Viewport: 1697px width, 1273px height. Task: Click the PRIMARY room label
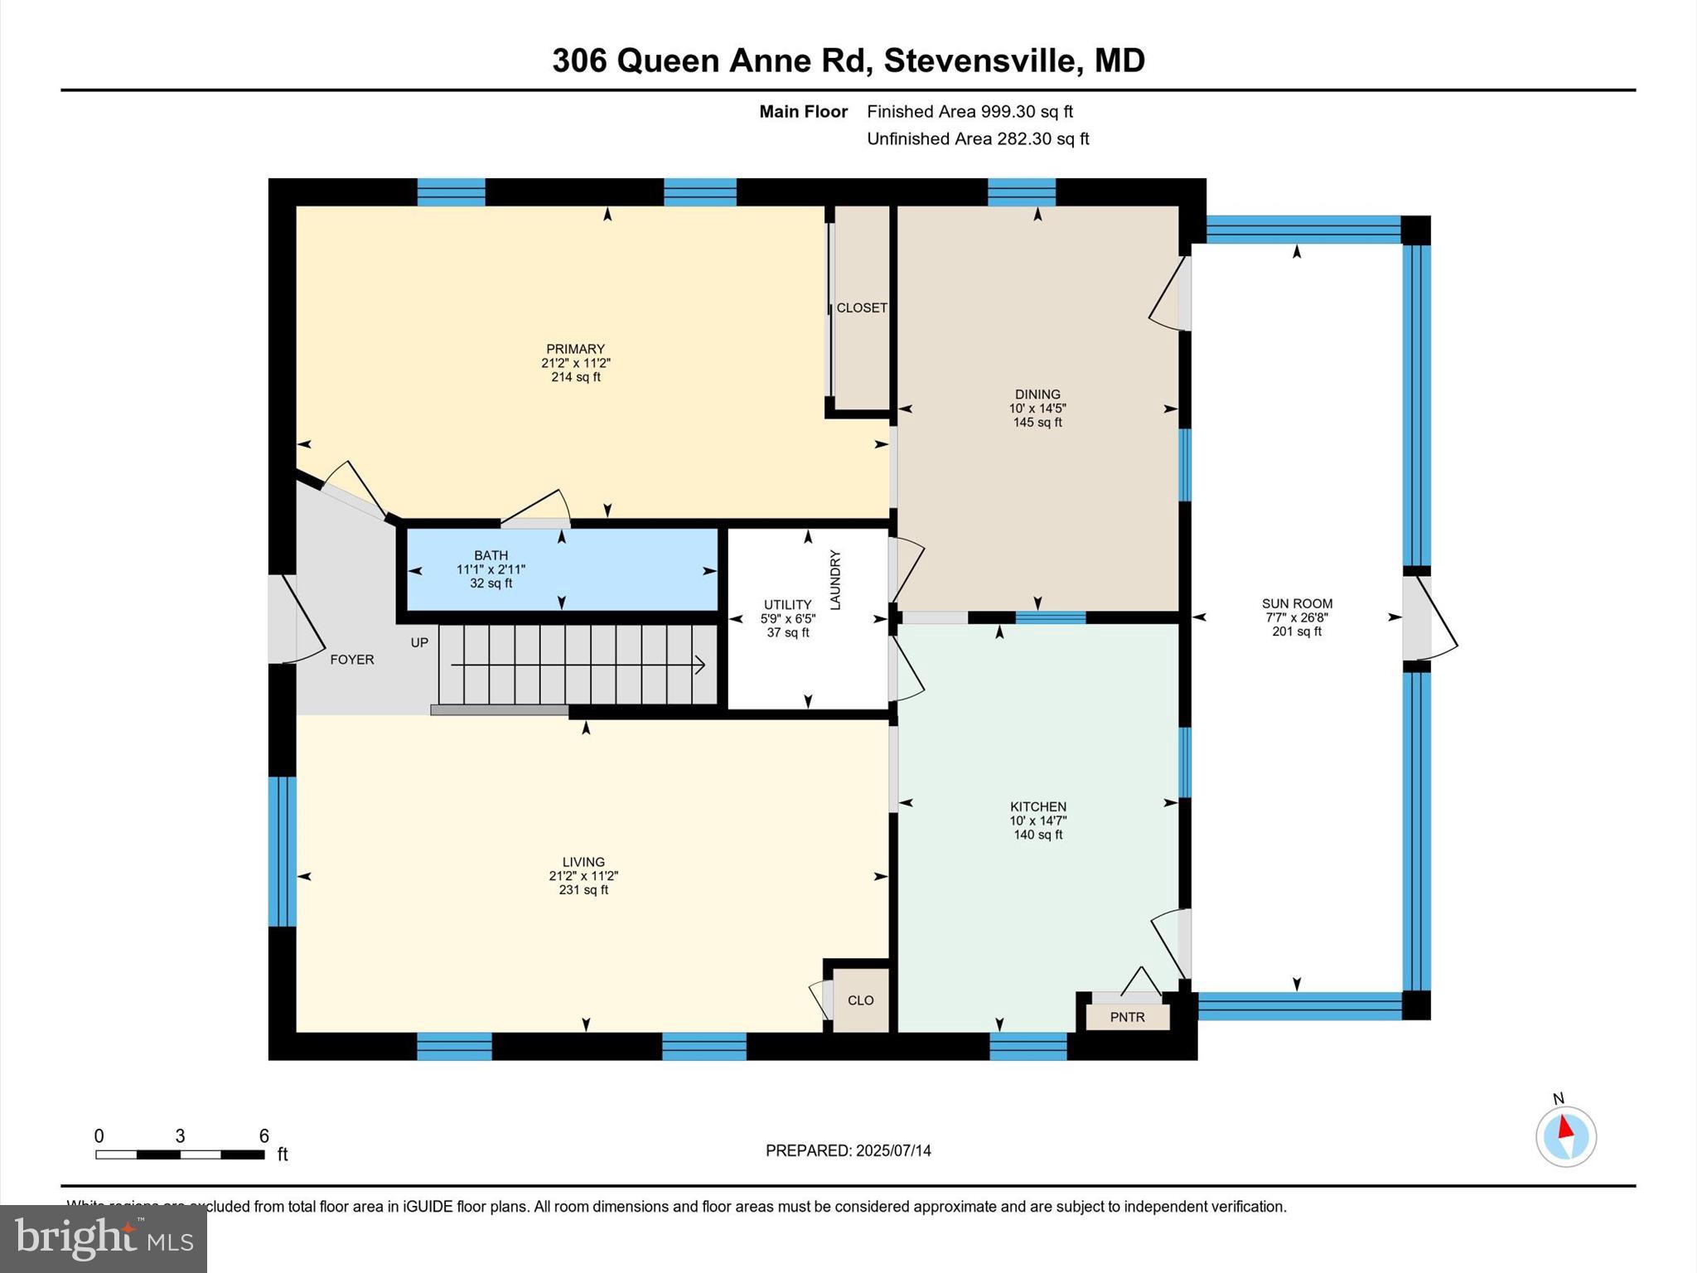pyautogui.click(x=575, y=349)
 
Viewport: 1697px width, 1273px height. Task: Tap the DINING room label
pyautogui.click(x=1037, y=394)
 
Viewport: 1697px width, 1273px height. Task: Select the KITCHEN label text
pyautogui.click(x=1037, y=806)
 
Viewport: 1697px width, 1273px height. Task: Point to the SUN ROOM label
pyautogui.click(x=1297, y=603)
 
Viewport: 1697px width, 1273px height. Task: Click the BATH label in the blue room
pyautogui.click(x=491, y=555)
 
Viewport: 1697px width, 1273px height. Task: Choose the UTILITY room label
pyautogui.click(x=787, y=605)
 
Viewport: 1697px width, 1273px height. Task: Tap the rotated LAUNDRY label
pyautogui.click(x=835, y=579)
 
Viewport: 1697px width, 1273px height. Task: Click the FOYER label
pyautogui.click(x=352, y=660)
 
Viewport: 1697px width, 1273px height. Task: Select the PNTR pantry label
pyautogui.click(x=1127, y=1017)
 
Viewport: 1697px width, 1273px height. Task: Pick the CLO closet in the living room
pyautogui.click(x=860, y=1000)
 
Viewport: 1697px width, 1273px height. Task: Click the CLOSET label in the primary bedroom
pyautogui.click(x=862, y=307)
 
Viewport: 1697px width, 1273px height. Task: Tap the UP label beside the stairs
pyautogui.click(x=419, y=642)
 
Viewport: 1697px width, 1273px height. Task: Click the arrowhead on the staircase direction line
pyautogui.click(x=701, y=665)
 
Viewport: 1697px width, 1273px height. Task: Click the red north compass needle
pyautogui.click(x=1564, y=1127)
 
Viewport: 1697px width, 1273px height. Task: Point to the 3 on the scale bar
pyautogui.click(x=180, y=1136)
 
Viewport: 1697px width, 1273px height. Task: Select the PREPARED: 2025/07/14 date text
pyautogui.click(x=848, y=1150)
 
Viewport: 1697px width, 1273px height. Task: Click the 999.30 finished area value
pyautogui.click(x=1008, y=111)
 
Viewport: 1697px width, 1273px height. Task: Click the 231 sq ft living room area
pyautogui.click(x=583, y=890)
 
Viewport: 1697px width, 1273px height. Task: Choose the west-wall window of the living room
pyautogui.click(x=282, y=851)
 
